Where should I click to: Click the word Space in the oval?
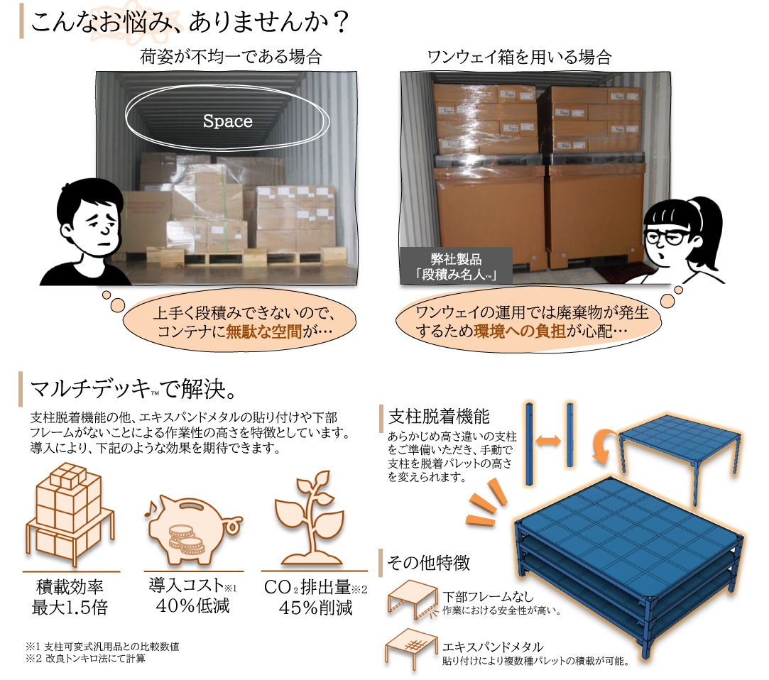[x=227, y=121]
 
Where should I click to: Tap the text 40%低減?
[x=192, y=606]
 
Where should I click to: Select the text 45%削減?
[x=315, y=608]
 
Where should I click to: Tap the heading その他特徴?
[x=428, y=564]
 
